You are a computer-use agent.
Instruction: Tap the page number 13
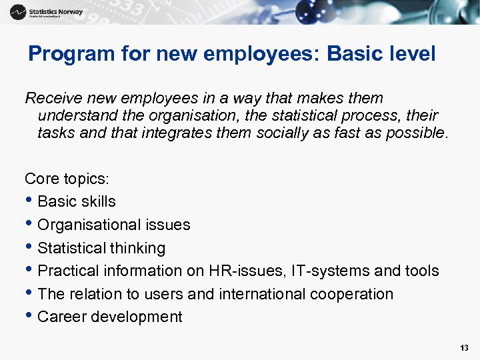pos(464,348)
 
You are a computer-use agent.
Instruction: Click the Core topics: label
pos(67,179)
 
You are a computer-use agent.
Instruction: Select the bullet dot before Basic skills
pos(30,201)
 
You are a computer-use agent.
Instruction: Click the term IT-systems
pos(312,271)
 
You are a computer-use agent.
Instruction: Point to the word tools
pos(422,271)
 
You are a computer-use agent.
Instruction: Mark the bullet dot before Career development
pos(30,317)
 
